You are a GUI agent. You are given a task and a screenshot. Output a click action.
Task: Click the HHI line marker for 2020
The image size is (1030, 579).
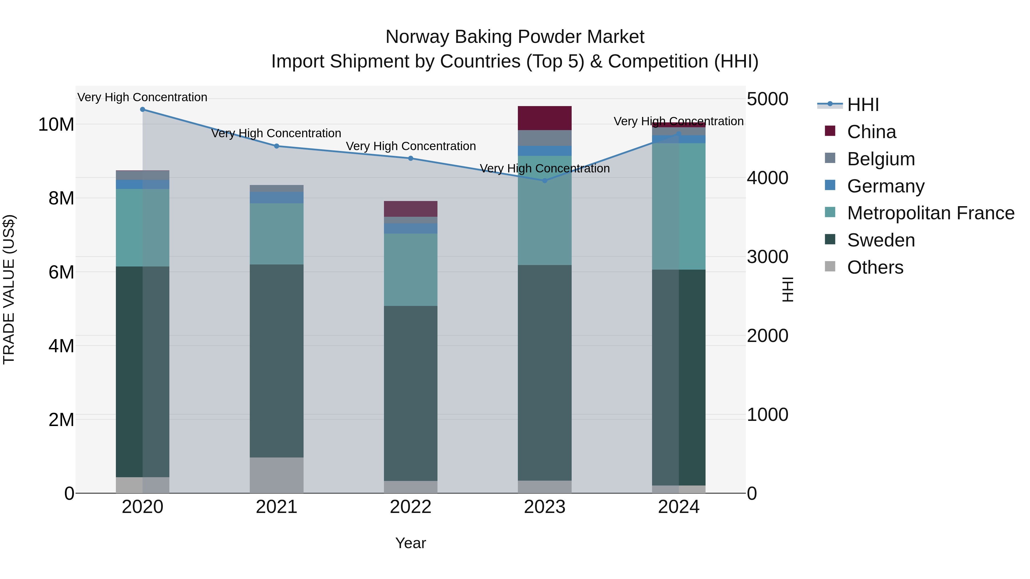pos(142,110)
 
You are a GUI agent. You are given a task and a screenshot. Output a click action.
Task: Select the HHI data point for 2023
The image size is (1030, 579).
pos(544,181)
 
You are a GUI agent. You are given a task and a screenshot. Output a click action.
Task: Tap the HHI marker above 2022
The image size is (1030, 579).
pos(411,158)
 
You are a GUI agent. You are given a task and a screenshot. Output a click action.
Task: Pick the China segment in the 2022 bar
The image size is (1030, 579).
pos(411,209)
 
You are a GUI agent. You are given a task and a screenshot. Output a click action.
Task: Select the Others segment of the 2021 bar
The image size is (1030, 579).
pos(276,475)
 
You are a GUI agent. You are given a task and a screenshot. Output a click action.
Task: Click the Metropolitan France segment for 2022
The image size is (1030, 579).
pos(411,270)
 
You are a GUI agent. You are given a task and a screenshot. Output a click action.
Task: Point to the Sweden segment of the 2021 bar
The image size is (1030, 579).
pos(276,361)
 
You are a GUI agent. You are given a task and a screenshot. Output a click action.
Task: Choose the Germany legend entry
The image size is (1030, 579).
pos(885,186)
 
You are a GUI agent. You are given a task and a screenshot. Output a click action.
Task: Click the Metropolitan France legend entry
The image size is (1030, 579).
pos(930,213)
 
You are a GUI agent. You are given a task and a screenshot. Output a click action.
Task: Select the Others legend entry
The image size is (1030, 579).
pos(875,267)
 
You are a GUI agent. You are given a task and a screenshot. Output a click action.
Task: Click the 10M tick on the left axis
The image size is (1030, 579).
pos(56,125)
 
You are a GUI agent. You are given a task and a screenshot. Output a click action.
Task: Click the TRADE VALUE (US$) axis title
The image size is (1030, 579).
pos(9,289)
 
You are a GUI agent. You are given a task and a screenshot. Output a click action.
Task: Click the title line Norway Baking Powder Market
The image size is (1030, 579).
pos(515,37)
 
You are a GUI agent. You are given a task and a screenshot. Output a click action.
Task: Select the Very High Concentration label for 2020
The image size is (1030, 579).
pos(142,98)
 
